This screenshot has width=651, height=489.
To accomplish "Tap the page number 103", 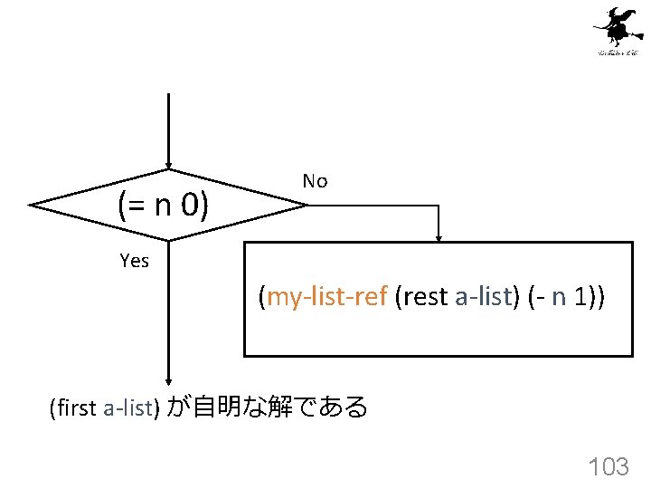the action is tap(609, 466).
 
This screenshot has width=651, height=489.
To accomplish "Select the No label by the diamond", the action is tap(315, 181).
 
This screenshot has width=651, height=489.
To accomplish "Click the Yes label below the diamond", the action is tap(134, 261).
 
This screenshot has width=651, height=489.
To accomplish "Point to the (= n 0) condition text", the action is tap(164, 206).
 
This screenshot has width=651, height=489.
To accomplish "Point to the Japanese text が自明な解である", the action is tap(268, 408).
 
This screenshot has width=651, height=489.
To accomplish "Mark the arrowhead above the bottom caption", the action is tap(168, 382).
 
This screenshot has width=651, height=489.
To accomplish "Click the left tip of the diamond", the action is tap(31, 206).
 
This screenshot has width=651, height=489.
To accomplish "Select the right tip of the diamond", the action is tap(307, 206).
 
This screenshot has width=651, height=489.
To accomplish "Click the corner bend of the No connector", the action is tap(439, 206).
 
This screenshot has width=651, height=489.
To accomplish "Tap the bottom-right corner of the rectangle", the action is tap(631, 355).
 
